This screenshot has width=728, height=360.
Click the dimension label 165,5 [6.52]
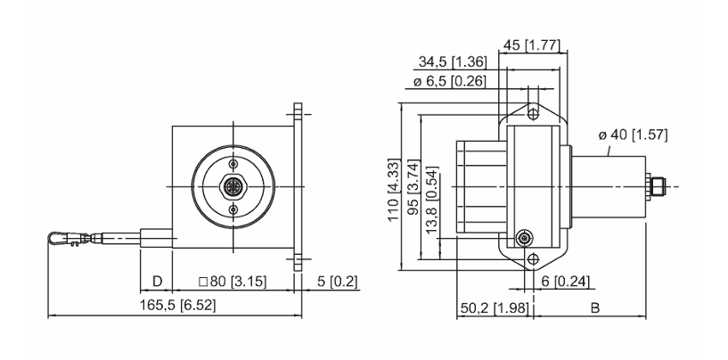pyautogui.click(x=178, y=305)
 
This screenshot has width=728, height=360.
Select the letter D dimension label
pyautogui.click(x=158, y=281)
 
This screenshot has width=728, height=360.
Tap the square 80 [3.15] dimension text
pyautogui.click(x=233, y=282)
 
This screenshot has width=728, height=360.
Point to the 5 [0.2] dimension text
pyautogui.click(x=338, y=282)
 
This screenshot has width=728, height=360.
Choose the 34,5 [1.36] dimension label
pyautogui.click(x=453, y=61)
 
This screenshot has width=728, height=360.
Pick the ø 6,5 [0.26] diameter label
pyautogui.click(x=449, y=82)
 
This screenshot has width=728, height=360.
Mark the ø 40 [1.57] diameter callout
pyautogui.click(x=633, y=135)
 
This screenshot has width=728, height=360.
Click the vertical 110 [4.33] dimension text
pyautogui.click(x=394, y=191)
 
